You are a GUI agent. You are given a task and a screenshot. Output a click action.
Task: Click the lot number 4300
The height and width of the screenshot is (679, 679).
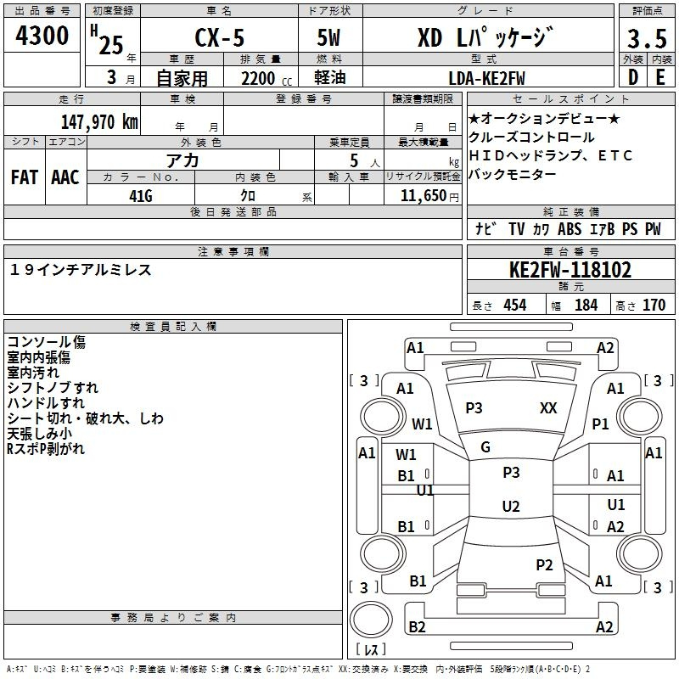click(x=42, y=36)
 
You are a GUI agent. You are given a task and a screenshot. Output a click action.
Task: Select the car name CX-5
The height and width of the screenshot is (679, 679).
click(x=220, y=37)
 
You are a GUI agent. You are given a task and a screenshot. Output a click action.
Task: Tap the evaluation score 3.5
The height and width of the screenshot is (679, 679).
click(x=647, y=39)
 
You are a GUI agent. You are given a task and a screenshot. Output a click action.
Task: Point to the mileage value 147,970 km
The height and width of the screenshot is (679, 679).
click(x=99, y=121)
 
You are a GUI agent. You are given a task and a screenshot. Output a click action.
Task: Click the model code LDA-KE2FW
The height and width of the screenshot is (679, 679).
click(x=486, y=78)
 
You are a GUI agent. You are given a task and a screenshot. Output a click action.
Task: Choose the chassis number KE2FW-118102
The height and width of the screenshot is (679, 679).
click(x=570, y=270)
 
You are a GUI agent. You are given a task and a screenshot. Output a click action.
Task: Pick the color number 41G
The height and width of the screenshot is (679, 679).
click(x=141, y=196)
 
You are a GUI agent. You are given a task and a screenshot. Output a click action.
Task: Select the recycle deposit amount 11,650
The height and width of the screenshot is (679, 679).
click(x=423, y=196)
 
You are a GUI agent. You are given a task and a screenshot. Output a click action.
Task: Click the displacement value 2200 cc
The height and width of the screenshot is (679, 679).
click(x=267, y=79)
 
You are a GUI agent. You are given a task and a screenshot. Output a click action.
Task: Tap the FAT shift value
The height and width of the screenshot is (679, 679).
click(x=25, y=177)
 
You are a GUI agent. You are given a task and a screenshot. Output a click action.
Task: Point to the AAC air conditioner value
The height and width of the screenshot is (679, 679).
click(x=65, y=177)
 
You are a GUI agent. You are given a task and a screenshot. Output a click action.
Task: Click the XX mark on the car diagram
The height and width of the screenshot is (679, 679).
click(x=548, y=408)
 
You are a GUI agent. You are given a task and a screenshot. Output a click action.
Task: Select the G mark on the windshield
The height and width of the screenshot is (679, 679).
click(x=485, y=447)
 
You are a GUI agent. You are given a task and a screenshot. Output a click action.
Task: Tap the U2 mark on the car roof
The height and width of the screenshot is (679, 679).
click(x=511, y=506)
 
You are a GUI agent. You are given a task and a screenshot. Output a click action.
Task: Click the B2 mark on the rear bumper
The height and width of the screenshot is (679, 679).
click(x=417, y=626)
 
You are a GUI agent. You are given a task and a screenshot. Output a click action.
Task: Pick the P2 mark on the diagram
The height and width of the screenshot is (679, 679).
click(x=544, y=565)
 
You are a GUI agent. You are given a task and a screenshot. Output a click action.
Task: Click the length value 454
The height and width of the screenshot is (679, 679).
click(x=515, y=305)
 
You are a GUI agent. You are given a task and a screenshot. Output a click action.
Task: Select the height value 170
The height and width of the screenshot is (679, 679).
click(x=654, y=305)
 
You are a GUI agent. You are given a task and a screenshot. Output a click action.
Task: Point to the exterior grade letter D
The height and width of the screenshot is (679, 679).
click(x=633, y=77)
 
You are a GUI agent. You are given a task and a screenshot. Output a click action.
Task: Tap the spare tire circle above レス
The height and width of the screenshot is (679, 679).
click(x=371, y=620)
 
